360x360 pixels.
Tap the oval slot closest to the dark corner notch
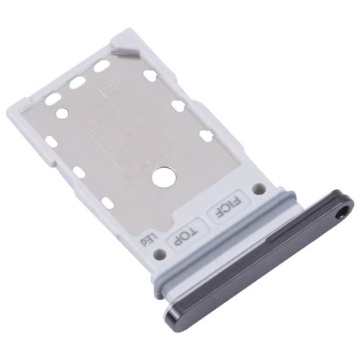point(100,68)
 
